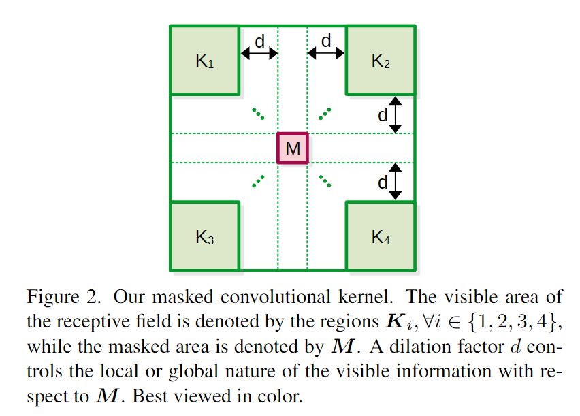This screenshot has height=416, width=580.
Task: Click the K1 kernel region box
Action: pos(204,60)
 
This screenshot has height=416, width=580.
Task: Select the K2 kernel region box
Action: pos(381,60)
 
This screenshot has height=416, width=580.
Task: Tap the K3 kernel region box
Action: pos(204,236)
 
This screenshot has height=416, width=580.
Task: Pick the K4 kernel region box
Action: pos(381,236)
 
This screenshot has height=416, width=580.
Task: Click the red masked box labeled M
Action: pos(293,148)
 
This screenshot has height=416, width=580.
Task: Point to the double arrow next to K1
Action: pos(259,53)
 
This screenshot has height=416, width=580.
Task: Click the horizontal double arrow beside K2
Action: pos(326,53)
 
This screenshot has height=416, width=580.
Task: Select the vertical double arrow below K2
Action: pos(396,114)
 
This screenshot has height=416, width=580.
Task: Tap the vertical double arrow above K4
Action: pos(396,181)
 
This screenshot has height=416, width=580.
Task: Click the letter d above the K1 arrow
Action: pos(259,42)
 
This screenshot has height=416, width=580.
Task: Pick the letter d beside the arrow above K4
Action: pos(383,182)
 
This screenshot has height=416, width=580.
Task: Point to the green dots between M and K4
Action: pos(325,181)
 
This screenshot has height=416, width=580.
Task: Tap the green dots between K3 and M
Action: pos(258,181)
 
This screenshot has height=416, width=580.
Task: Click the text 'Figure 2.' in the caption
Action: pos(65,298)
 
